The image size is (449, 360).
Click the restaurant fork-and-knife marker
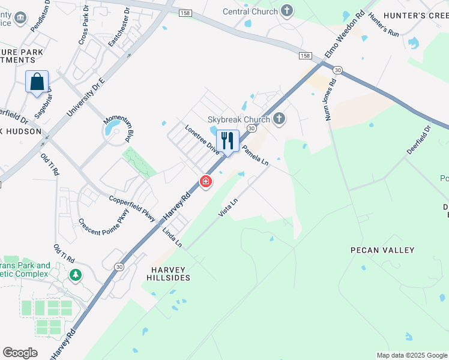[228, 142]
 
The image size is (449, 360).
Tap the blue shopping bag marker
[37, 82]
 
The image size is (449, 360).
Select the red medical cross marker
[206, 181]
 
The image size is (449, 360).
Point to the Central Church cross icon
[287, 11]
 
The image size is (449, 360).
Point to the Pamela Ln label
[255, 155]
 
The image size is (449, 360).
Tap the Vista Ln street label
[228, 208]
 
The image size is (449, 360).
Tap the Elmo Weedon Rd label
[344, 35]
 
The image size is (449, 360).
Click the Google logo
[20, 353]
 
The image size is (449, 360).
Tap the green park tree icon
[76, 276]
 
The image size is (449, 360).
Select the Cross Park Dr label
[83, 27]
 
